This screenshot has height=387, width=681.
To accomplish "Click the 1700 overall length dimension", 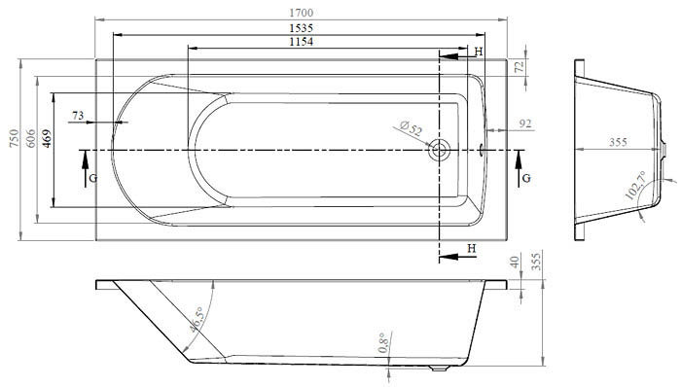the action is [x=301, y=13].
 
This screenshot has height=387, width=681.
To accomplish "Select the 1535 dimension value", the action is [x=301, y=28].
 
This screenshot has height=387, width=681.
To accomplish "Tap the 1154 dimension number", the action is [x=301, y=42].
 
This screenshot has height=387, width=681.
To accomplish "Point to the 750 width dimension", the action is [x=15, y=138].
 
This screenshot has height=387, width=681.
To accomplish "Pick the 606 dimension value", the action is [x=30, y=138].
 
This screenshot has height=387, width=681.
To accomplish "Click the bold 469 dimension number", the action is [x=47, y=138].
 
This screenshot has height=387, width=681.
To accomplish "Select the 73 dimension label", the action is [x=78, y=116].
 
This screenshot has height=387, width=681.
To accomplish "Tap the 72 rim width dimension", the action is [x=520, y=67].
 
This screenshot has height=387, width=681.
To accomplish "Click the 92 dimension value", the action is [x=525, y=124].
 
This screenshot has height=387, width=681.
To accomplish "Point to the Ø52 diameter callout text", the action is [x=411, y=129].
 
